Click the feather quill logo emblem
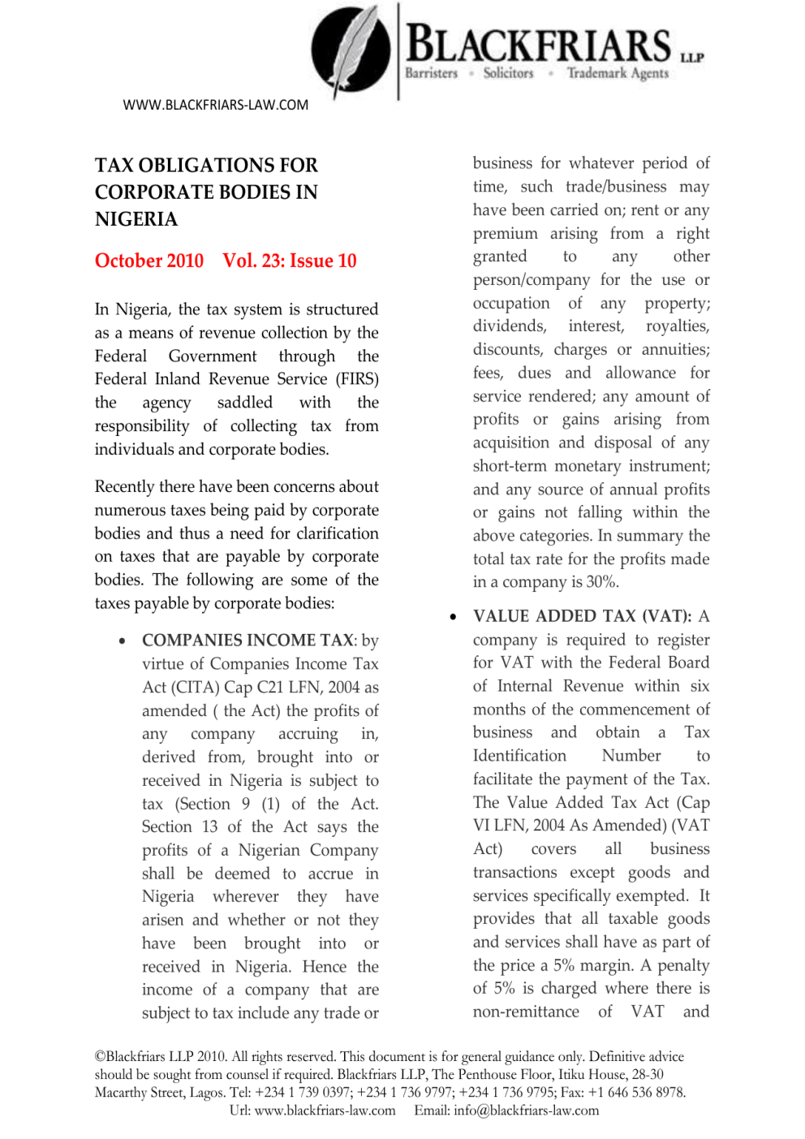tap(351, 50)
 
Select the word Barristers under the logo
tap(431, 73)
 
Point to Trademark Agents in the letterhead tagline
tap(618, 73)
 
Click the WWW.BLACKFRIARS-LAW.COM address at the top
tap(216, 105)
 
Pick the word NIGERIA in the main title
tap(136, 219)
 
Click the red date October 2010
tap(149, 261)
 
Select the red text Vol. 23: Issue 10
tap(290, 261)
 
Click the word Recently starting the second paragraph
tap(124, 486)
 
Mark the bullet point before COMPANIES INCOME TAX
tap(122, 641)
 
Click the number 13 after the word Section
tap(210, 826)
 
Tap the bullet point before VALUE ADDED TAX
tap(453, 618)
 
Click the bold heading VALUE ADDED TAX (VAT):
tap(583, 616)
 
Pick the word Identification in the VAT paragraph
tap(519, 756)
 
